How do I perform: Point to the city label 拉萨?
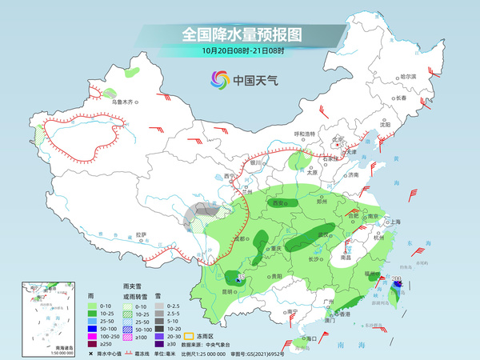pos(142,234)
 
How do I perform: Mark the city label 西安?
pos(280,203)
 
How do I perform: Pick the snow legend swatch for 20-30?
pos(160,337)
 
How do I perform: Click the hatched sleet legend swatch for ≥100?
pos(126,337)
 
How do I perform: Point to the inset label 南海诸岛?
pos(34,348)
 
